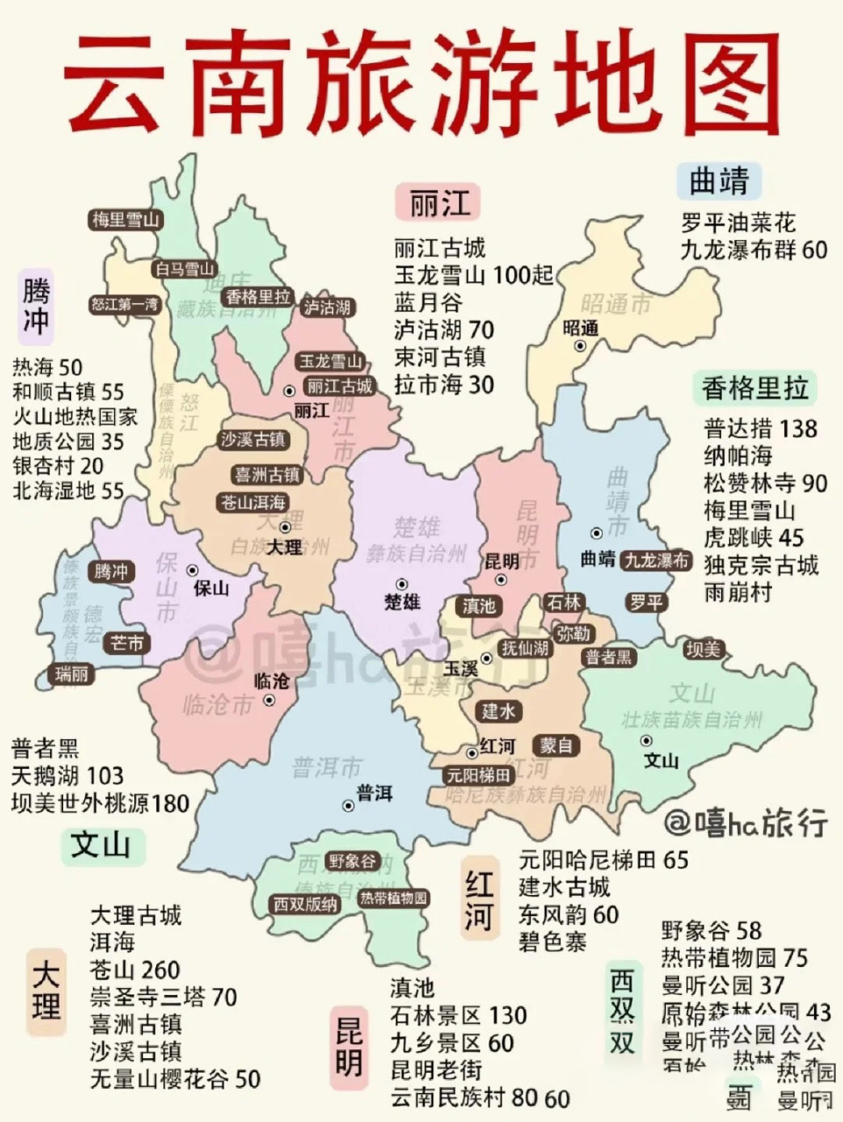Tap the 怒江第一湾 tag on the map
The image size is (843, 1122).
click(x=126, y=304)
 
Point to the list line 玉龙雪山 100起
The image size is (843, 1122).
click(x=474, y=275)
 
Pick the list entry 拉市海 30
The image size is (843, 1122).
click(x=444, y=385)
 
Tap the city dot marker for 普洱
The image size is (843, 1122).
click(x=349, y=806)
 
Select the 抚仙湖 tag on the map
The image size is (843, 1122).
click(x=525, y=648)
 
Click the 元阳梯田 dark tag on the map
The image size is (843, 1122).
click(x=478, y=775)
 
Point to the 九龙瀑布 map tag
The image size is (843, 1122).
click(x=656, y=561)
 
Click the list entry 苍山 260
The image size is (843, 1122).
click(x=135, y=970)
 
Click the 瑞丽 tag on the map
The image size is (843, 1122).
click(x=72, y=674)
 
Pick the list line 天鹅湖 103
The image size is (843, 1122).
click(x=68, y=776)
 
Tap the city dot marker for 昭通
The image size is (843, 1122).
click(x=580, y=346)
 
